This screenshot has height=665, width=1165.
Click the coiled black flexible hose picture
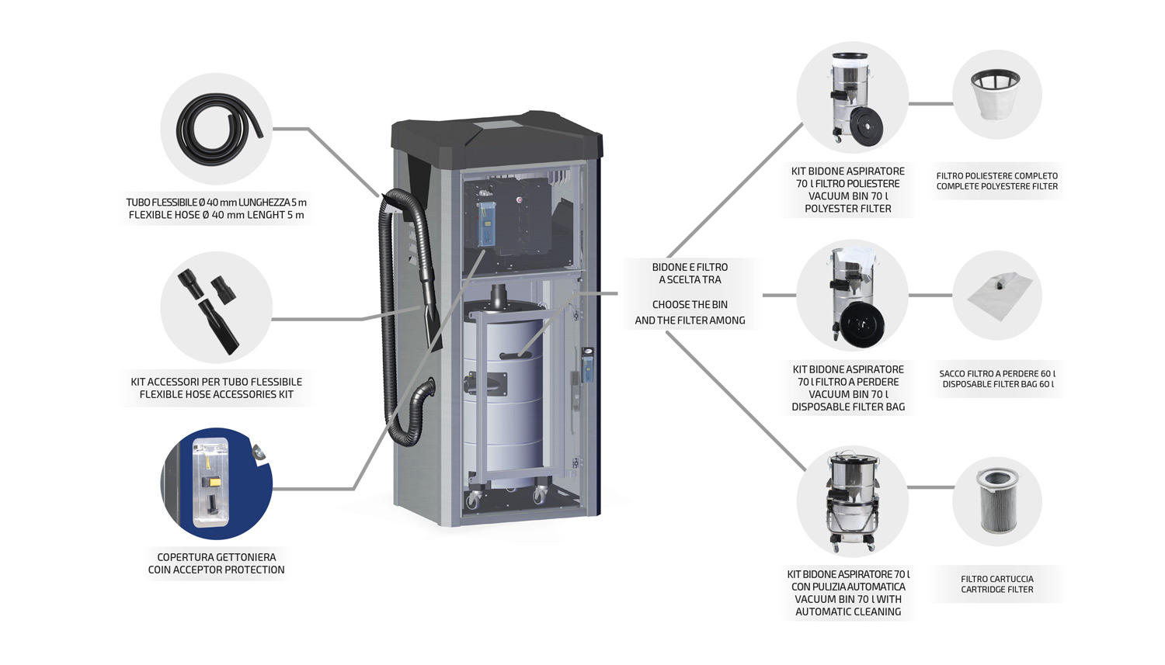tap(217, 129)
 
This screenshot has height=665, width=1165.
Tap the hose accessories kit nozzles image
tap(216, 308)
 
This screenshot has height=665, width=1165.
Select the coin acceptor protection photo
tap(217, 483)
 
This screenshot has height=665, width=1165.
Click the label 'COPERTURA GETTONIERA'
tap(217, 557)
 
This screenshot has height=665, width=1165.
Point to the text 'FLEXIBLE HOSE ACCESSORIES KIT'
tap(217, 394)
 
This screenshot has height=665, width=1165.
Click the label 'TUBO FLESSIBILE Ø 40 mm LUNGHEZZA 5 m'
tap(217, 203)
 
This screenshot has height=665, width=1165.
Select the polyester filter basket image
tap(996, 94)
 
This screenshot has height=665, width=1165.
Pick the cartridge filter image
tap(997, 500)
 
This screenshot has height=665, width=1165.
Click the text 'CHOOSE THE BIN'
tap(690, 305)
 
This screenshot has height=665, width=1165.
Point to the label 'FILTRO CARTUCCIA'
tap(997, 579)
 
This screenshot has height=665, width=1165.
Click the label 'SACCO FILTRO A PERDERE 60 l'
tap(997, 373)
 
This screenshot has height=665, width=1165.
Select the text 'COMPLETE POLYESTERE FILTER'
tap(997, 186)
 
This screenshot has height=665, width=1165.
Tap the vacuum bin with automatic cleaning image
tap(852, 500)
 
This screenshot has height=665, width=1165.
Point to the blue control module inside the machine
tap(487, 223)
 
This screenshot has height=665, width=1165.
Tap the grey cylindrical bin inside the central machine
tap(505, 388)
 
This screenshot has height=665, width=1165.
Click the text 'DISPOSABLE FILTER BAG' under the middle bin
tap(848, 407)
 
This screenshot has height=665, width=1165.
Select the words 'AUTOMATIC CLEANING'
tap(848, 611)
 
